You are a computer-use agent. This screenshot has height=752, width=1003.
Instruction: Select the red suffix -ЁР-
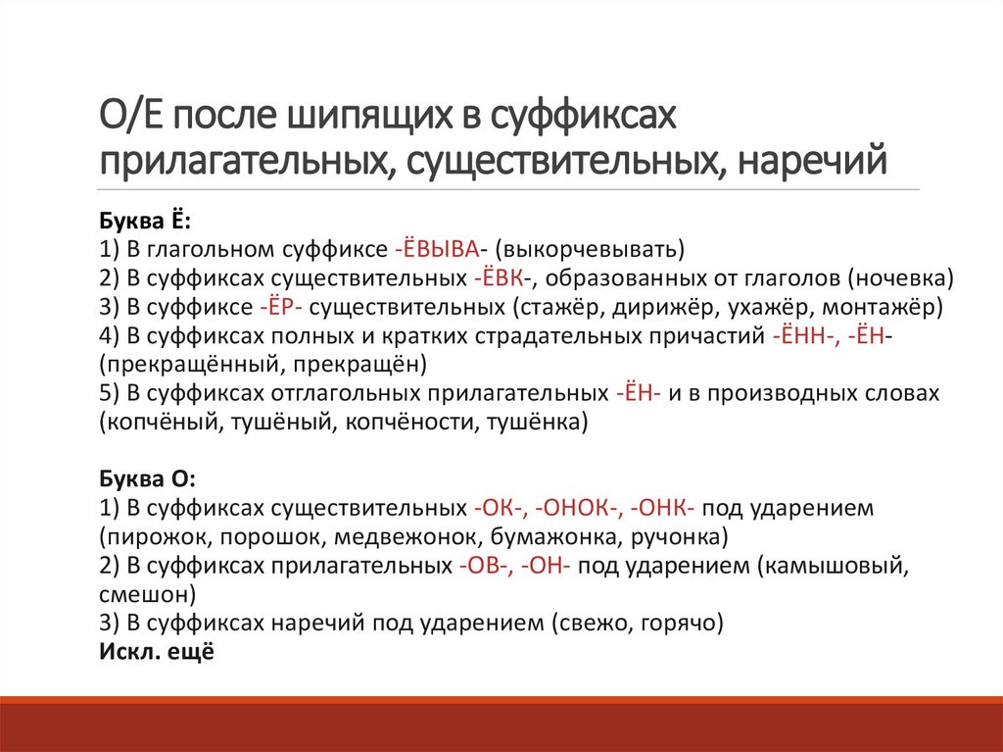point(282,306)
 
